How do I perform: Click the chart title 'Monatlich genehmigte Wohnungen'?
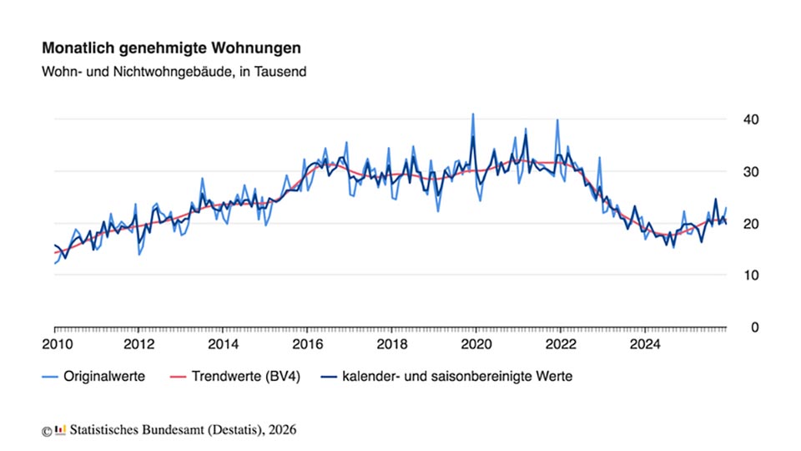(171, 49)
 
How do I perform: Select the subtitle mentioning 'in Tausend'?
(174, 72)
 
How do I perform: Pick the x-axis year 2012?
(139, 343)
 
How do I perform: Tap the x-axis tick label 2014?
(224, 343)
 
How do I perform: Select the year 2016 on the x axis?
(308, 343)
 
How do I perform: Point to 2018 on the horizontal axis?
(392, 343)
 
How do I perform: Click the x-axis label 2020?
(476, 343)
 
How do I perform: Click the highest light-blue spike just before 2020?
(472, 114)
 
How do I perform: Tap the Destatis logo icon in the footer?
(60, 430)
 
